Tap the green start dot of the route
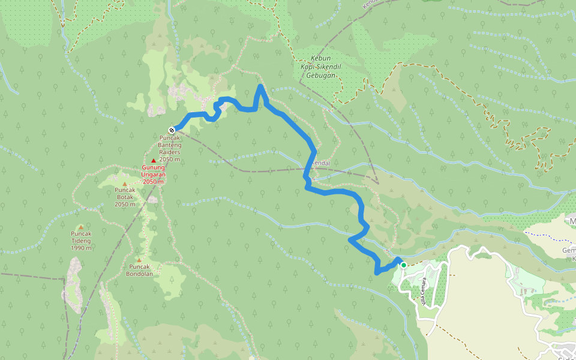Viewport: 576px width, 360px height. (403, 265)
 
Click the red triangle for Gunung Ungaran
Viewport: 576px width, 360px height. (154, 161)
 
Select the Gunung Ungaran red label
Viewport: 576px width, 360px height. (153, 171)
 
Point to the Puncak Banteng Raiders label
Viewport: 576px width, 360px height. (169, 145)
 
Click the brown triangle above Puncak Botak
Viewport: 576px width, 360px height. (125, 184)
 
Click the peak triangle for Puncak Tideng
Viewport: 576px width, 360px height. (81, 227)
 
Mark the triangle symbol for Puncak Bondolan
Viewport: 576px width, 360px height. (139, 260)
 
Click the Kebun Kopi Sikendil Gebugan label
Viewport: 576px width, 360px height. (317, 65)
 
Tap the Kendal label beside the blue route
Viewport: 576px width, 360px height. (322, 163)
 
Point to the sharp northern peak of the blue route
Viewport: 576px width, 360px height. (260, 87)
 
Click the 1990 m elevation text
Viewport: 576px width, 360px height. (81, 248)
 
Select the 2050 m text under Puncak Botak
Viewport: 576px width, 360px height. (125, 204)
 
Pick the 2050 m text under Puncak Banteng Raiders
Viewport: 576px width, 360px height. (169, 159)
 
